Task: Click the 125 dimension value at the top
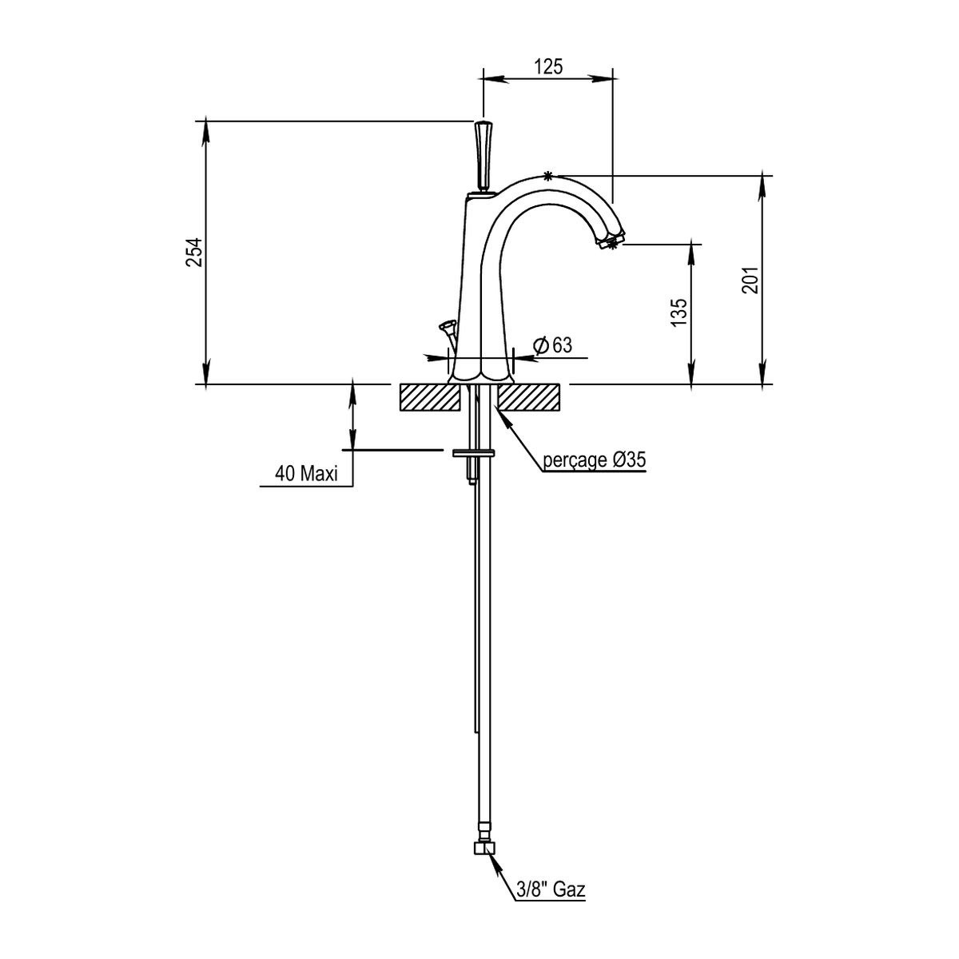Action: [548, 66]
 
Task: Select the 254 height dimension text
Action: [194, 253]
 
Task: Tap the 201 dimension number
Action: [750, 281]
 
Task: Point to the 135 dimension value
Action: [678, 312]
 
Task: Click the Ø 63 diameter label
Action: [552, 345]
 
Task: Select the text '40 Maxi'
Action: [306, 473]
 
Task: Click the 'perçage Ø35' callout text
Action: [595, 460]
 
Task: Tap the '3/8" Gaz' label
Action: [551, 889]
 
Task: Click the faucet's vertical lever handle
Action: [482, 155]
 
